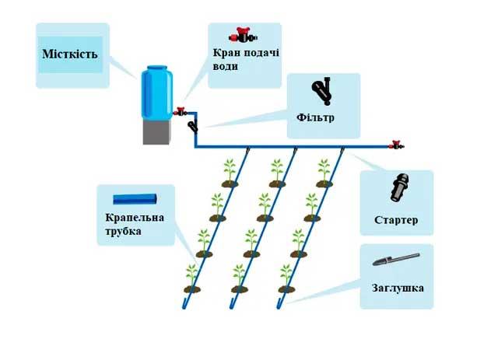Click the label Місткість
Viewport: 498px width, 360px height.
tap(69, 56)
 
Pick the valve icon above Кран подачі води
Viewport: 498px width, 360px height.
tap(243, 35)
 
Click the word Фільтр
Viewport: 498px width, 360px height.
tap(315, 118)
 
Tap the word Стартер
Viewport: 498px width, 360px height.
tap(395, 220)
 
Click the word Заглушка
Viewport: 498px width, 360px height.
tap(398, 288)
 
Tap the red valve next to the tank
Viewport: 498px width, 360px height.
tap(181, 112)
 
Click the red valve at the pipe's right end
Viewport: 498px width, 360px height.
tap(396, 145)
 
